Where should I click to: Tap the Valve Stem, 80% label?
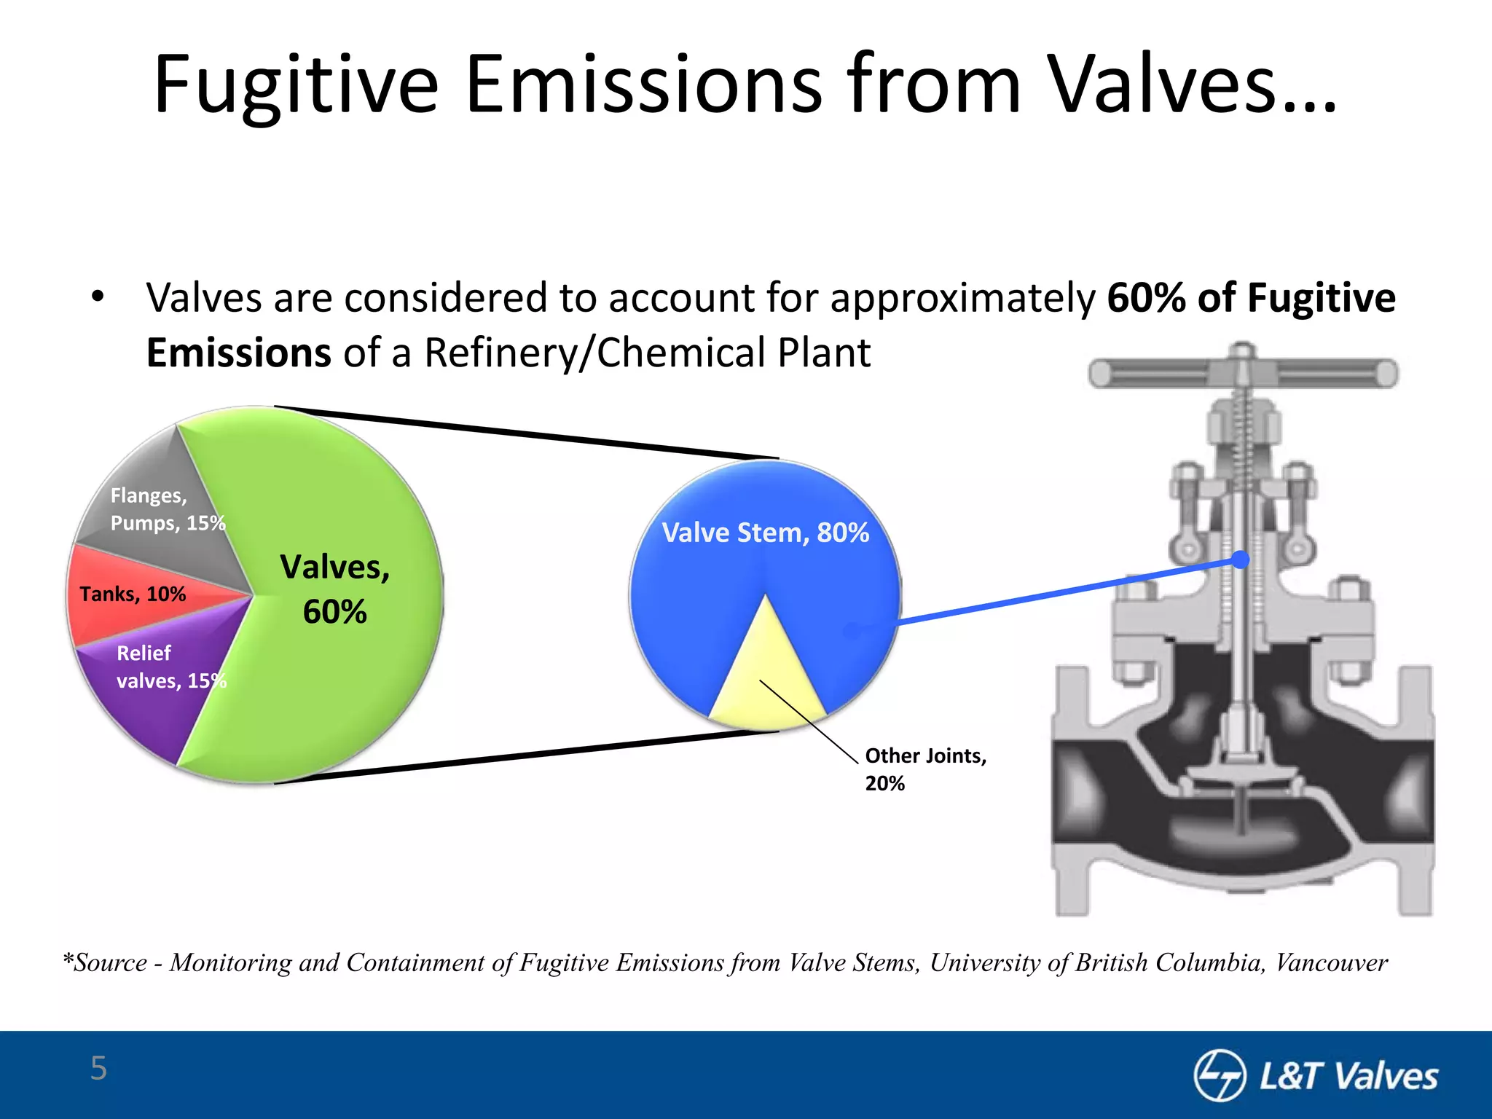765,533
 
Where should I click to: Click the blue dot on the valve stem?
1240,559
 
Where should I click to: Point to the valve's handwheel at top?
1243,374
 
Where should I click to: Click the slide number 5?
98,1068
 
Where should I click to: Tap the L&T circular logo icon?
1219,1075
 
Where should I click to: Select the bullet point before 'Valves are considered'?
98,298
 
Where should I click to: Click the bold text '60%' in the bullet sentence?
1146,298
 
